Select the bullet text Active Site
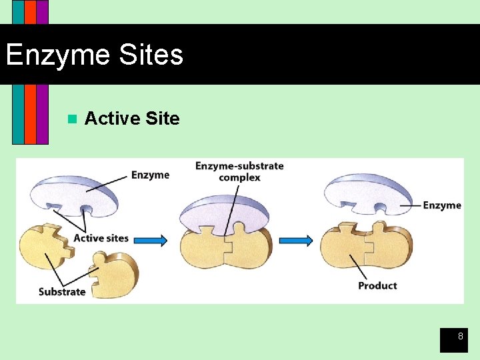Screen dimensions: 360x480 click(132, 119)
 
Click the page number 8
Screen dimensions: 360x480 click(459, 337)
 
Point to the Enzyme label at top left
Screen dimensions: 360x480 click(150, 175)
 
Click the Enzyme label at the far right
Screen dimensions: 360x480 click(441, 205)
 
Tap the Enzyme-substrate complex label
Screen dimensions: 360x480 click(239, 171)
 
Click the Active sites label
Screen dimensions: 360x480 click(101, 238)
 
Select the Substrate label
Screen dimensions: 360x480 click(62, 291)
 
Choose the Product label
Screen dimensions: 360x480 click(377, 285)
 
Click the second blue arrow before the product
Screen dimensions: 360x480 click(295, 240)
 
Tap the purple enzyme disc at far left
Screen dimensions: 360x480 click(73, 193)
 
